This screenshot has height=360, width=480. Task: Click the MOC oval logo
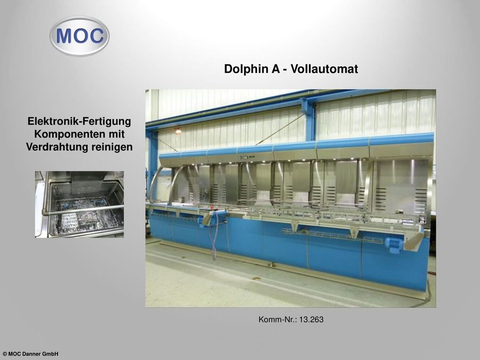click(x=79, y=36)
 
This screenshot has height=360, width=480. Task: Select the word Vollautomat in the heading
click(x=324, y=69)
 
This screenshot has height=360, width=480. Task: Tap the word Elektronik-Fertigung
click(x=79, y=121)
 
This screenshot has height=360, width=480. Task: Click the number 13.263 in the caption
click(x=311, y=319)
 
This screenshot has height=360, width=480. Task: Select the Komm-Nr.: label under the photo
click(x=278, y=319)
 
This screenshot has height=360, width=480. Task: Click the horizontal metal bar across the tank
click(x=83, y=210)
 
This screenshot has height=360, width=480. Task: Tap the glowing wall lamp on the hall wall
click(x=178, y=131)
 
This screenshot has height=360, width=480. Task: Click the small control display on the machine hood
click(x=245, y=157)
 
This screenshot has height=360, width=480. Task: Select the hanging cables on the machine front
click(x=215, y=236)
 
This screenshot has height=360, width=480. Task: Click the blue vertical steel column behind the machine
click(x=310, y=120)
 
